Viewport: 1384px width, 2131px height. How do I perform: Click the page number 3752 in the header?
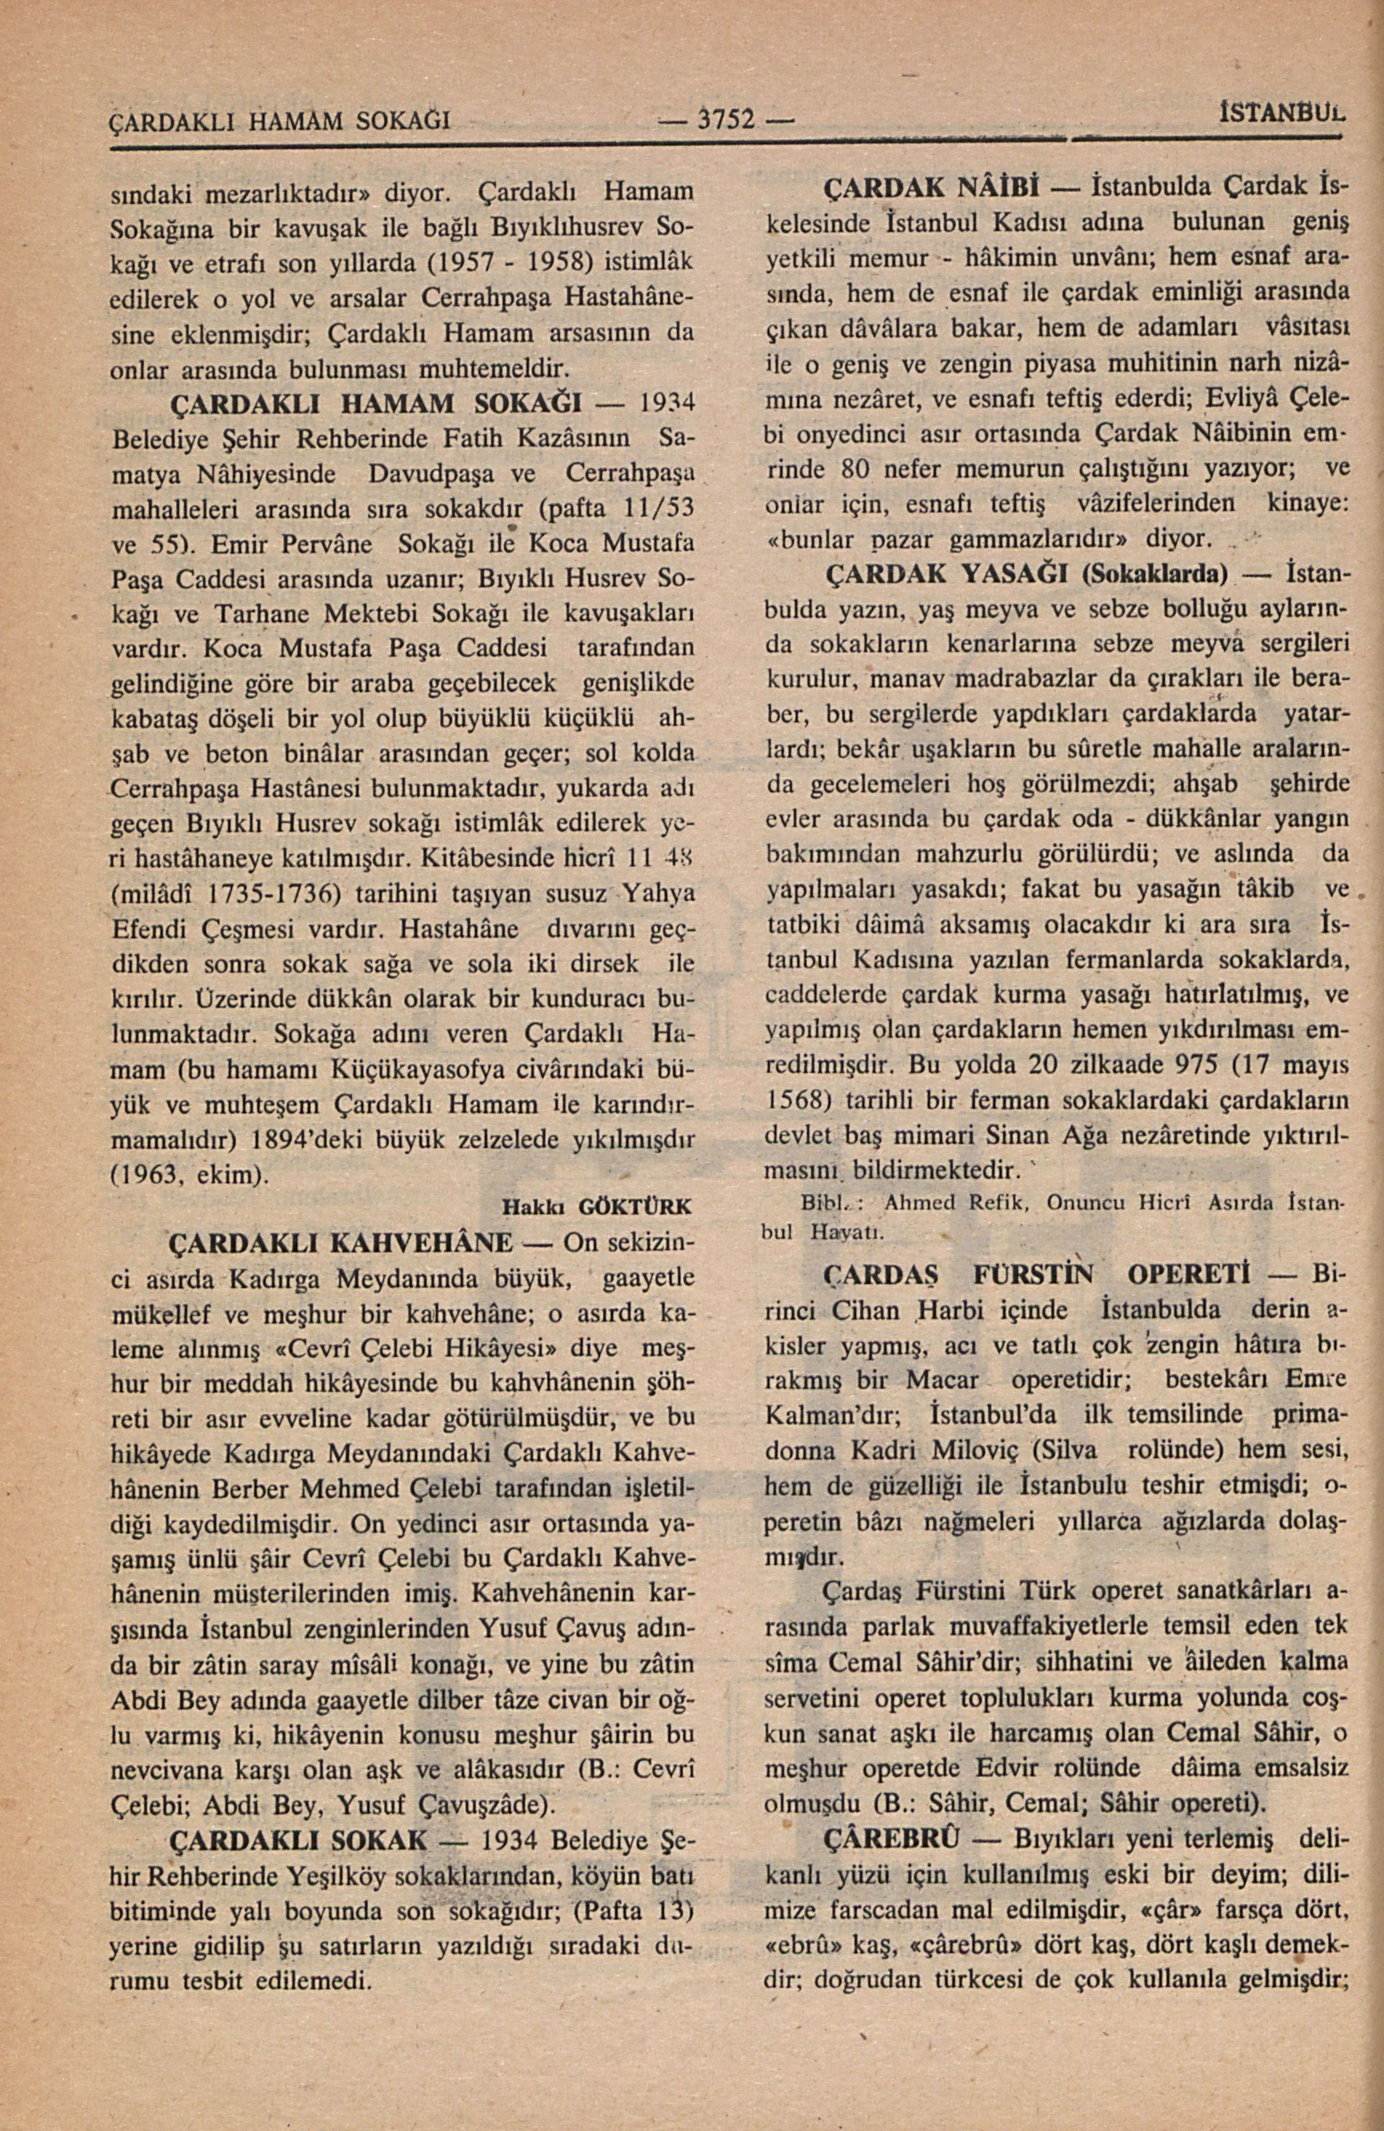pos(727,118)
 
